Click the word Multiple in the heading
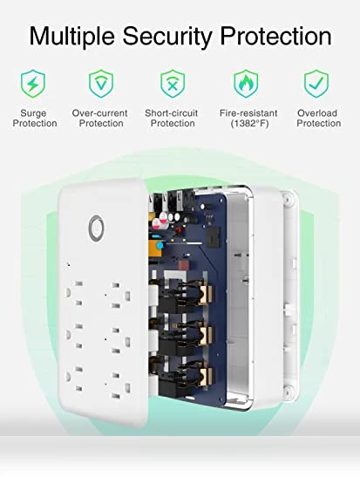tap(71, 37)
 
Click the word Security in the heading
tap(167, 37)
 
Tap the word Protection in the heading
tap(275, 36)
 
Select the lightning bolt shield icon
tap(33, 84)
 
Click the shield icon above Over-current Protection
tap(101, 84)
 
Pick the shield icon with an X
tap(173, 84)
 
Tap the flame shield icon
tap(246, 84)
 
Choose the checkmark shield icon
tap(316, 84)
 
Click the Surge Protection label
tap(35, 118)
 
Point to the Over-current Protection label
tap(100, 118)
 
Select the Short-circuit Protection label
tap(172, 118)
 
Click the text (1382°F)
tap(250, 123)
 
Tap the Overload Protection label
tap(318, 118)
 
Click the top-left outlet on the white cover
tap(74, 292)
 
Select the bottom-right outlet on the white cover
tap(121, 386)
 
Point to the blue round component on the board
tap(160, 245)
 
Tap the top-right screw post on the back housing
tap(288, 200)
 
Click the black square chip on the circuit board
tap(212, 238)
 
